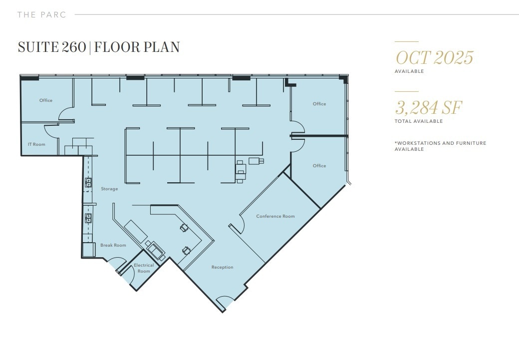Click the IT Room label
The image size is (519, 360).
pos(36,144)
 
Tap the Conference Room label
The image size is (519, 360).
pos(275,216)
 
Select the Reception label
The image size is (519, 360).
pos(222,267)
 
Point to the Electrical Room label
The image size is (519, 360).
pos(144,268)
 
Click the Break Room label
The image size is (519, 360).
pos(113,245)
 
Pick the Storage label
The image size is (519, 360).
pos(109,189)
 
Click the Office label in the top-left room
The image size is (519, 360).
pos(46,100)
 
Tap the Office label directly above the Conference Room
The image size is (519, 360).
pos(319,166)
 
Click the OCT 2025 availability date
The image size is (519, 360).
pos(434,58)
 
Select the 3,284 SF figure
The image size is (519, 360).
pos(429,107)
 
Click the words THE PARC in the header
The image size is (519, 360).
pos(41,14)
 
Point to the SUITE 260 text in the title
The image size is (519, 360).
pos(52,47)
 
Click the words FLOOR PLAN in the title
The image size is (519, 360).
pos(137,47)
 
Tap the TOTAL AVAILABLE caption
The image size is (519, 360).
pos(419,121)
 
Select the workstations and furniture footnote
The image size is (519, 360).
pos(440,146)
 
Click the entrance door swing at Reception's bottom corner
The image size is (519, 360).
pos(224,302)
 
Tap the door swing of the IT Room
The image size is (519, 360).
pos(52,131)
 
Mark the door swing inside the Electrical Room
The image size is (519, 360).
pos(127,275)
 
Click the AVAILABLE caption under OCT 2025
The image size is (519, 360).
pos(409,71)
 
